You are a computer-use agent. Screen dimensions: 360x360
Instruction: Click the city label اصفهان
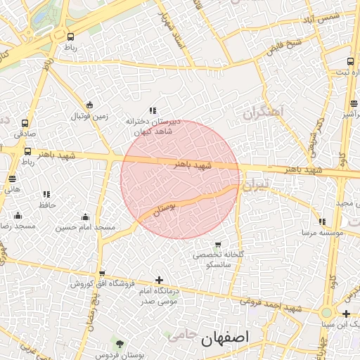point(225,337)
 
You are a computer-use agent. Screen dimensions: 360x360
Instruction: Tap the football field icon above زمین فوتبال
point(89,105)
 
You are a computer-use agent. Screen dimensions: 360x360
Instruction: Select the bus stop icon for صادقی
point(25,122)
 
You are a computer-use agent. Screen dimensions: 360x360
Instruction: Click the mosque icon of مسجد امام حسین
point(86,217)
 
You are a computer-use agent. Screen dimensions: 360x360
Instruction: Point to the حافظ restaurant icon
point(46,194)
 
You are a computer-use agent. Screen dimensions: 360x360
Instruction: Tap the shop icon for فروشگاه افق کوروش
point(102,274)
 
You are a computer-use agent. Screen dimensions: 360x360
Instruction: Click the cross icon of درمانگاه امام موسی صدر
point(159,280)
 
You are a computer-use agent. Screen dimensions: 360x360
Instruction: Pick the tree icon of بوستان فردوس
point(120,344)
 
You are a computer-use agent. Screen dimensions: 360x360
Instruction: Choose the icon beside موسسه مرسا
point(322,222)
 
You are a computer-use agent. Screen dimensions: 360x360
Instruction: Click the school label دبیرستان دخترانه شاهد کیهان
point(153,126)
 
